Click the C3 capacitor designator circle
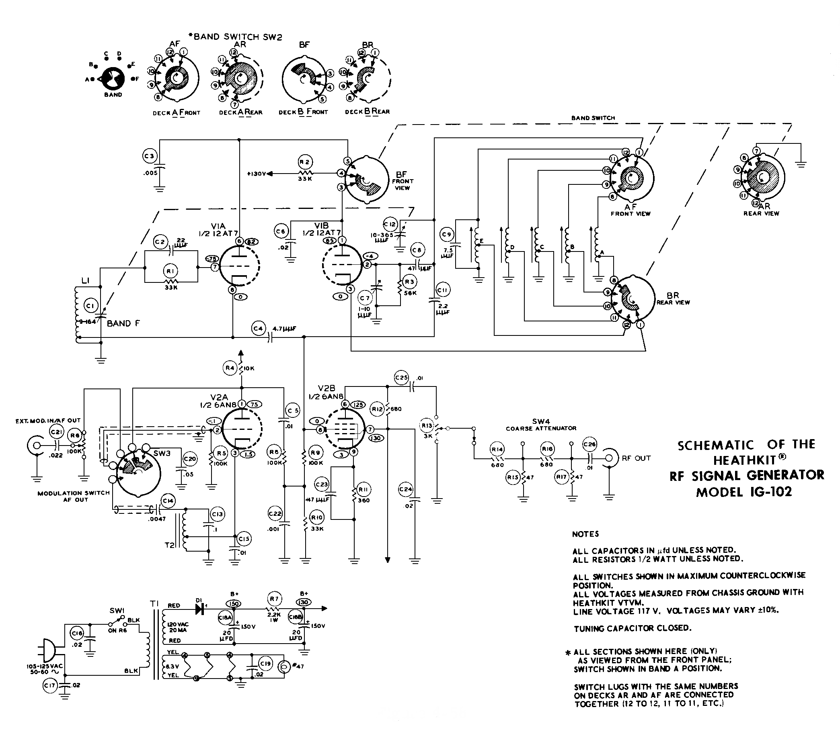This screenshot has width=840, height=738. (150, 156)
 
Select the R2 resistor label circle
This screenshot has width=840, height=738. (304, 162)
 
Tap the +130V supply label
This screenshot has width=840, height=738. (257, 174)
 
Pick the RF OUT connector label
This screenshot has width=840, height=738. (636, 458)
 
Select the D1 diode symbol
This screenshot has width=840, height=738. (200, 609)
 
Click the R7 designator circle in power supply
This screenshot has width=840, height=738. (274, 599)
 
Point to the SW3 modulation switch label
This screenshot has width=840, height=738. (162, 454)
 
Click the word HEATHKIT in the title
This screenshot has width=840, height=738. (744, 460)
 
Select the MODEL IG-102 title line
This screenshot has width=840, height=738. (744, 492)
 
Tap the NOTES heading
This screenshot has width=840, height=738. (585, 534)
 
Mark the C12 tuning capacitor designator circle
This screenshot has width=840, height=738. (390, 225)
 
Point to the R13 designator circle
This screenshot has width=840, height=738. (427, 426)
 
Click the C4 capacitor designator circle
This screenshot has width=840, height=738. (258, 329)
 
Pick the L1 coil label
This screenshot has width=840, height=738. (86, 281)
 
